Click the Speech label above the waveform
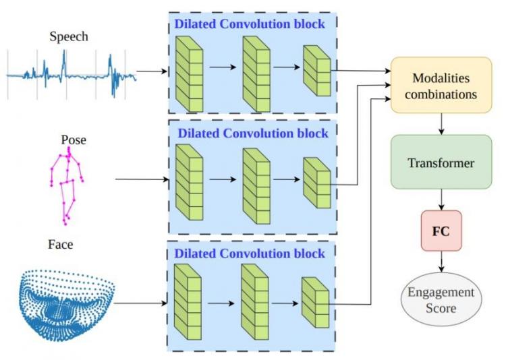click(x=69, y=36)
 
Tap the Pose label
click(x=74, y=140)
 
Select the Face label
click(x=60, y=244)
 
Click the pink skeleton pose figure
click(x=67, y=186)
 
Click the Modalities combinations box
click(x=441, y=85)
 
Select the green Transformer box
click(x=441, y=162)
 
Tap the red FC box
click(x=441, y=231)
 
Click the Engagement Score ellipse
click(x=441, y=299)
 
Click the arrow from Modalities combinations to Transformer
click(x=441, y=124)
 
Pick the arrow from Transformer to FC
click(x=441, y=200)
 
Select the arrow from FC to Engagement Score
click(x=441, y=262)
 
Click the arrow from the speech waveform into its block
click(x=152, y=71)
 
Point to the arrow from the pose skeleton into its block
click(x=142, y=179)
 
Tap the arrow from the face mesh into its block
click(x=141, y=303)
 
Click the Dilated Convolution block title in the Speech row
click(x=250, y=24)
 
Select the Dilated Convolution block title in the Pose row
click(x=253, y=133)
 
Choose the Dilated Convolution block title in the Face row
click(x=250, y=253)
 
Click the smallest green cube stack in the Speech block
click(x=317, y=71)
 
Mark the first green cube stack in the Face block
click(x=188, y=301)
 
